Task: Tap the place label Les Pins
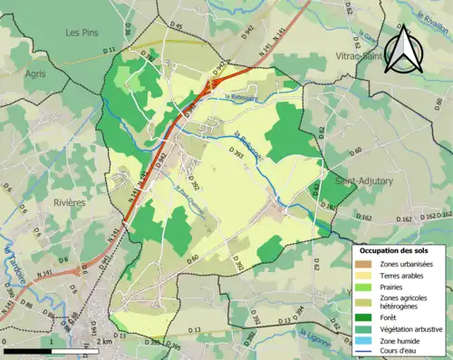tap(82, 32)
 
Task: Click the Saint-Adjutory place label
tap(364, 181)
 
